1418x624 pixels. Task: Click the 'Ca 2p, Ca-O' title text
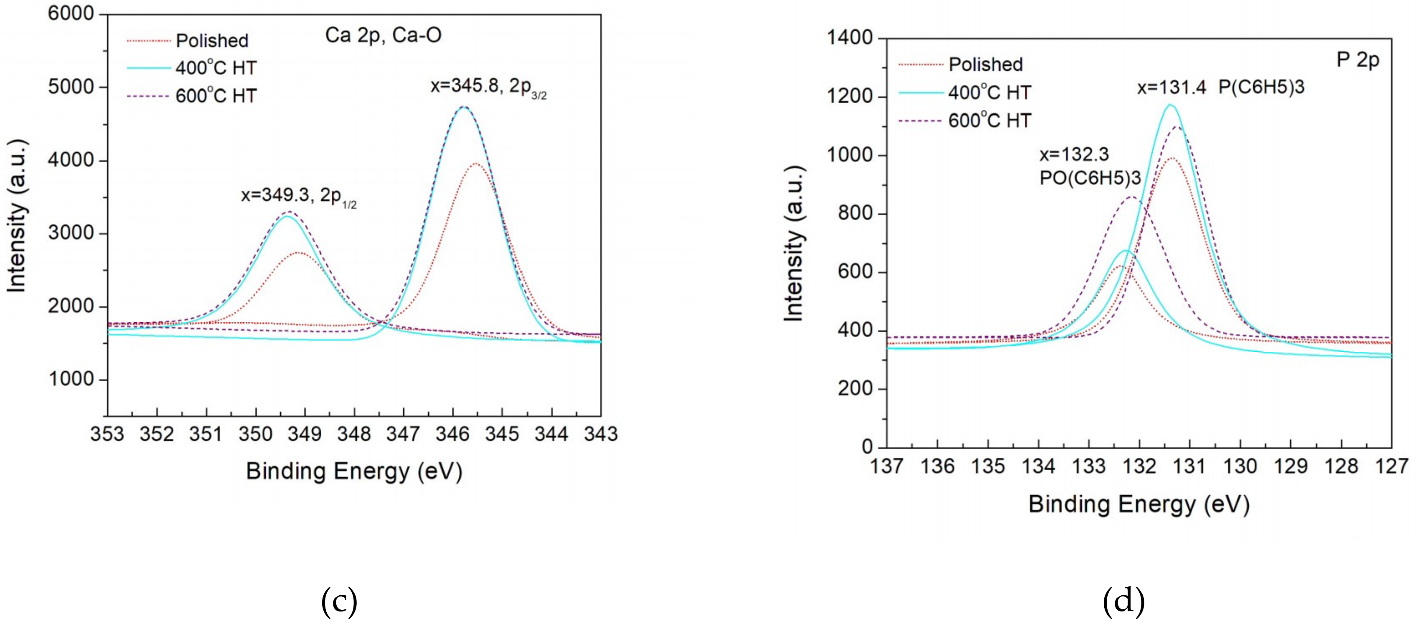point(383,35)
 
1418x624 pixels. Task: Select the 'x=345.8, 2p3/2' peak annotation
point(488,87)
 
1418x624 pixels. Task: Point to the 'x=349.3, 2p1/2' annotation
point(298,196)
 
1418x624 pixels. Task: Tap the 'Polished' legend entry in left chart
point(211,41)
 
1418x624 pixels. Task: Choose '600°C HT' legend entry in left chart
point(216,96)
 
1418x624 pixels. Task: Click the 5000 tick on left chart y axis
point(71,87)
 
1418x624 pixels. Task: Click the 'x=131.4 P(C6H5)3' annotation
point(1220,87)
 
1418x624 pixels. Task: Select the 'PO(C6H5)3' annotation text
point(1089,178)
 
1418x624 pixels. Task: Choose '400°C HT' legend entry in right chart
point(989,92)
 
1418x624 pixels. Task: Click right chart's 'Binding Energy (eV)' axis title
point(1138,504)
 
